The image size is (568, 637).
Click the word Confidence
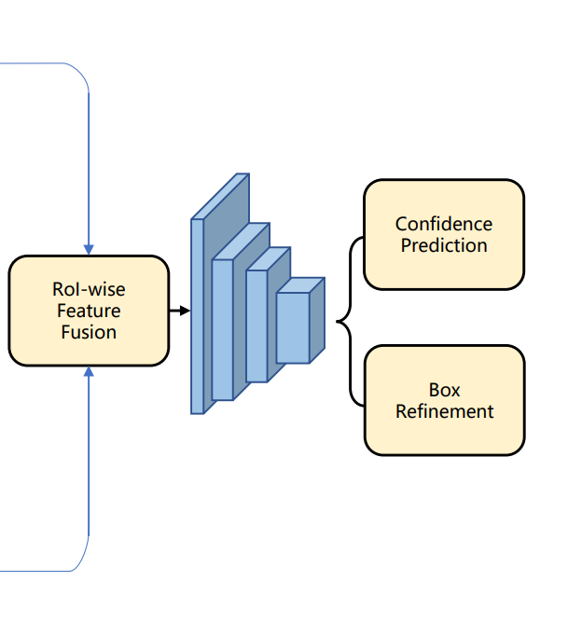(x=444, y=224)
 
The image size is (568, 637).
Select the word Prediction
(x=444, y=245)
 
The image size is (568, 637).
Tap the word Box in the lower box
(x=445, y=390)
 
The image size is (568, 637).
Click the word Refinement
(x=445, y=411)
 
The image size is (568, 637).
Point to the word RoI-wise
(x=89, y=290)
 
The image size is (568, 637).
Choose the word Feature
(x=89, y=311)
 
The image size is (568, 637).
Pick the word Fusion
(x=89, y=331)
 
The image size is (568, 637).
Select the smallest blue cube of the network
(x=293, y=327)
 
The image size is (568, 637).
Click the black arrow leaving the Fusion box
(x=179, y=311)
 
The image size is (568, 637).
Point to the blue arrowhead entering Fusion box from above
(x=89, y=250)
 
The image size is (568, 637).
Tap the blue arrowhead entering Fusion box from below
(x=89, y=371)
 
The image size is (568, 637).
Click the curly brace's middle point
(x=339, y=324)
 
